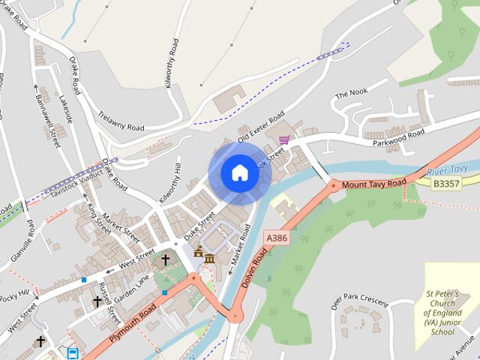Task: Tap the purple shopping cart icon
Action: click(x=283, y=139)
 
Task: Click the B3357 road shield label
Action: click(x=447, y=183)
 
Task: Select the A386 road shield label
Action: click(x=277, y=237)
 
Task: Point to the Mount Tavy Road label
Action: click(x=373, y=184)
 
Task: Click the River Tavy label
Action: click(x=447, y=172)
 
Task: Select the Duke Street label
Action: click(x=200, y=223)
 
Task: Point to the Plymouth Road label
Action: click(x=133, y=324)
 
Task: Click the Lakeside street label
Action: click(x=67, y=109)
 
